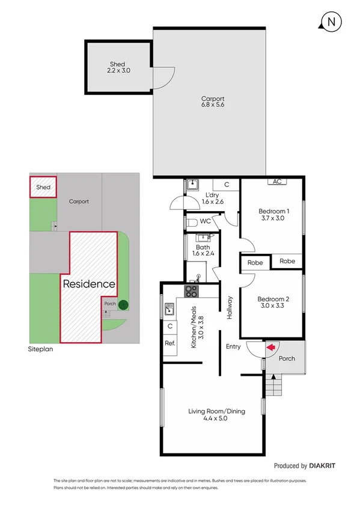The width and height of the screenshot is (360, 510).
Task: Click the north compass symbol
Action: (331, 23)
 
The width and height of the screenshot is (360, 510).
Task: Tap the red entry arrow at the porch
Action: (270, 347)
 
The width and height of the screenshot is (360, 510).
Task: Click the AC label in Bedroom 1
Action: (277, 181)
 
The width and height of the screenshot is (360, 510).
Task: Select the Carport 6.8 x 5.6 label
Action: (213, 102)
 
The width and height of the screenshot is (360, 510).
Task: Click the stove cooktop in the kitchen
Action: (191, 292)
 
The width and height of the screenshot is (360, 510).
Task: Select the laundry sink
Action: (192, 185)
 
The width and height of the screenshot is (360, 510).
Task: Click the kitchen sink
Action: (169, 310)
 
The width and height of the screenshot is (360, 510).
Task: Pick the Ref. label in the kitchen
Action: (169, 343)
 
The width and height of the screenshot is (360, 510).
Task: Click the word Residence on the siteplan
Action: (89, 284)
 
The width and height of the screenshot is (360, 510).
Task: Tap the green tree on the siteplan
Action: (123, 304)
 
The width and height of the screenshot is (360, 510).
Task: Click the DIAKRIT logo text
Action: (325, 465)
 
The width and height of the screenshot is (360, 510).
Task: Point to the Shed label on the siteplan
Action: (43, 188)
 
